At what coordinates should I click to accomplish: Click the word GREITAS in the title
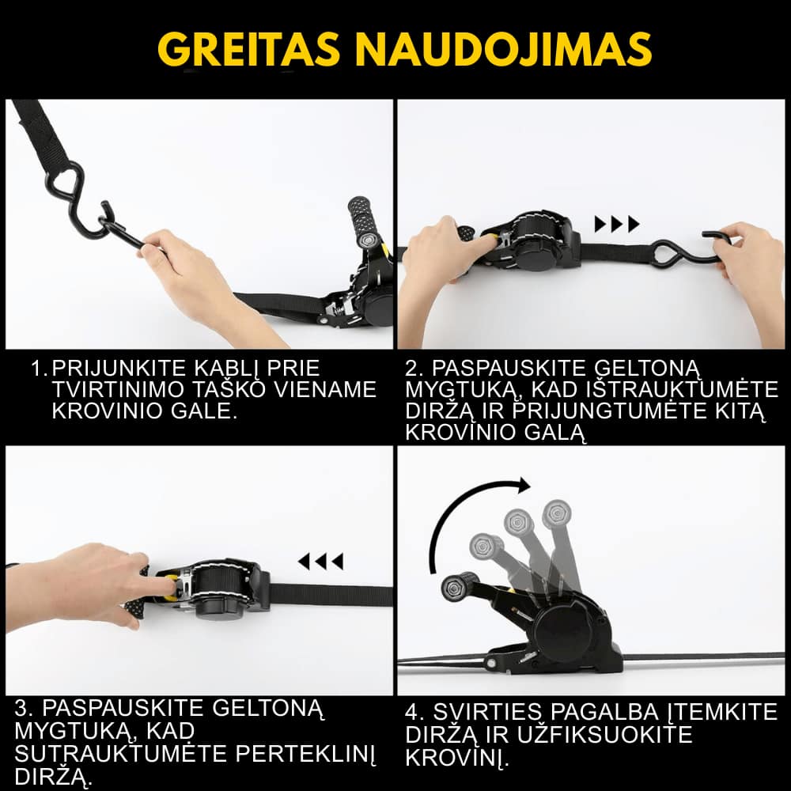[248, 49]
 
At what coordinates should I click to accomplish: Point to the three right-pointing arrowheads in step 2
[617, 224]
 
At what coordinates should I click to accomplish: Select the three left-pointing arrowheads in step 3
[321, 561]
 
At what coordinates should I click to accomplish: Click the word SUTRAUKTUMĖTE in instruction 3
[120, 753]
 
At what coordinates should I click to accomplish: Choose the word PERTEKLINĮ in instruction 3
[305, 754]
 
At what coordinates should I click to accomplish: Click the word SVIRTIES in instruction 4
[486, 713]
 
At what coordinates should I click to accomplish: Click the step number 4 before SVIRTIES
[414, 713]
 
